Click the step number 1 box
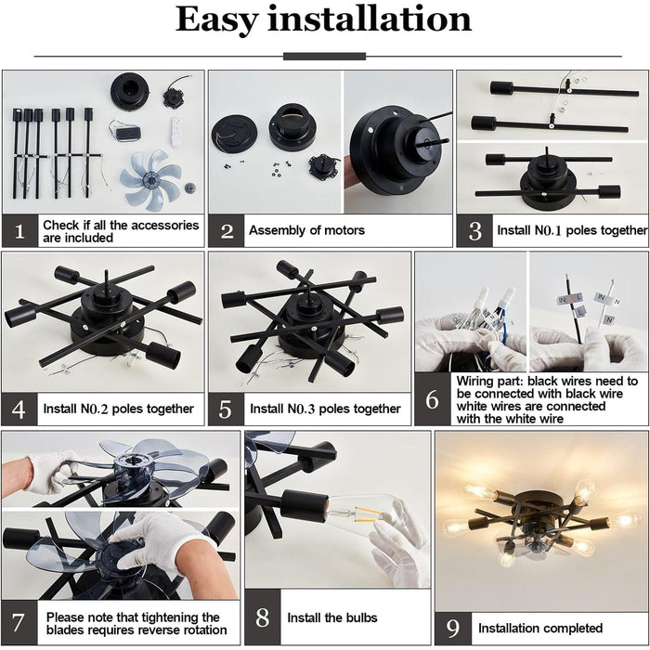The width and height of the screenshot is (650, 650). tap(19, 230)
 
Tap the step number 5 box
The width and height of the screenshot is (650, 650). tap(226, 409)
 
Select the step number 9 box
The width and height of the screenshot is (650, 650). tap(453, 629)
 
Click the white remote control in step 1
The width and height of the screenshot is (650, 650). tap(176, 132)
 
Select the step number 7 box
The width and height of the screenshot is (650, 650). tap(19, 622)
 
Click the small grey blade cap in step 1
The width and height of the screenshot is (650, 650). tap(190, 188)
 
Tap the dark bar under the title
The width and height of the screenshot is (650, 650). tap(324, 57)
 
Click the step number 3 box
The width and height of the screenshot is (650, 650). tap(474, 230)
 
